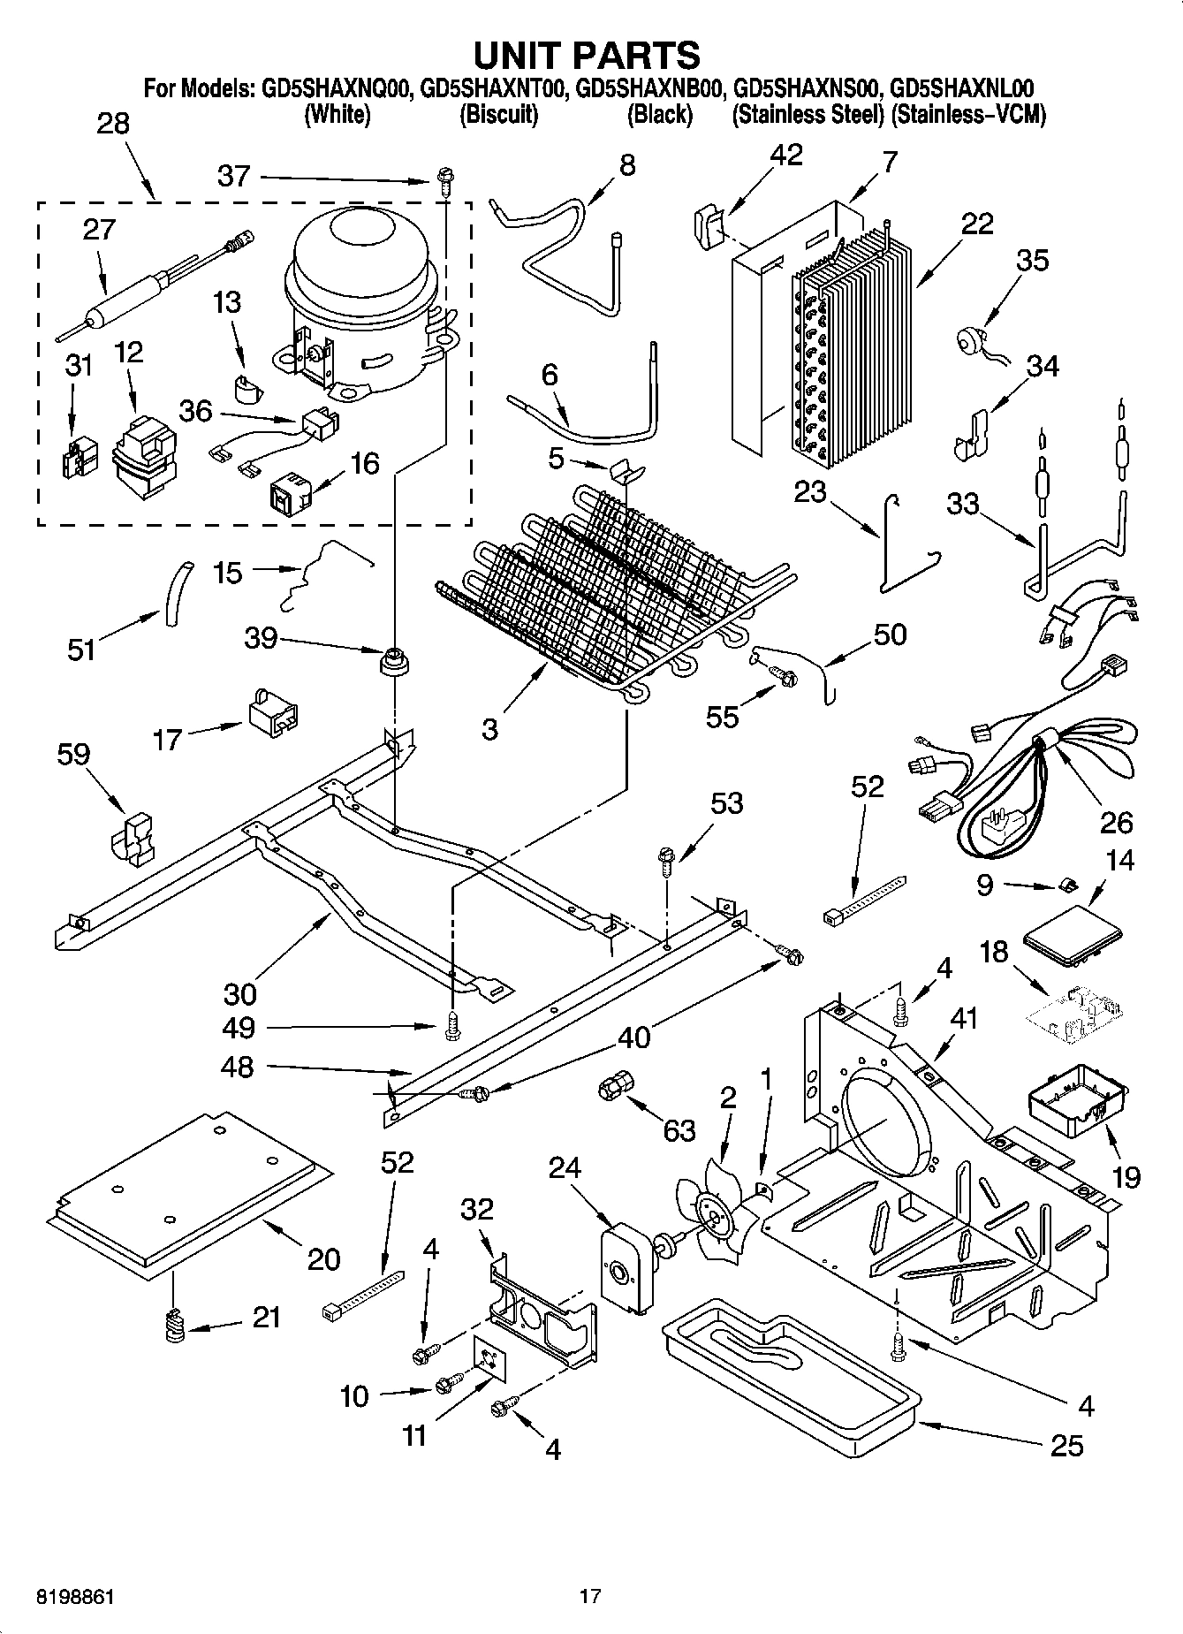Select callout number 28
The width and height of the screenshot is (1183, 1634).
point(113,125)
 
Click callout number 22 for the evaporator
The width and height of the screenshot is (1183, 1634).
point(977,224)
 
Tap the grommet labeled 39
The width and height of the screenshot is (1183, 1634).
point(394,660)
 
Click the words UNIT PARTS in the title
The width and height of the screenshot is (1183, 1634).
point(587,55)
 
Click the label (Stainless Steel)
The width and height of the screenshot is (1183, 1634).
point(808,115)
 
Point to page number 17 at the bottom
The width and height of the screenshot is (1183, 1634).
point(590,1597)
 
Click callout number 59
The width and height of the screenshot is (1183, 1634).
point(73,754)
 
